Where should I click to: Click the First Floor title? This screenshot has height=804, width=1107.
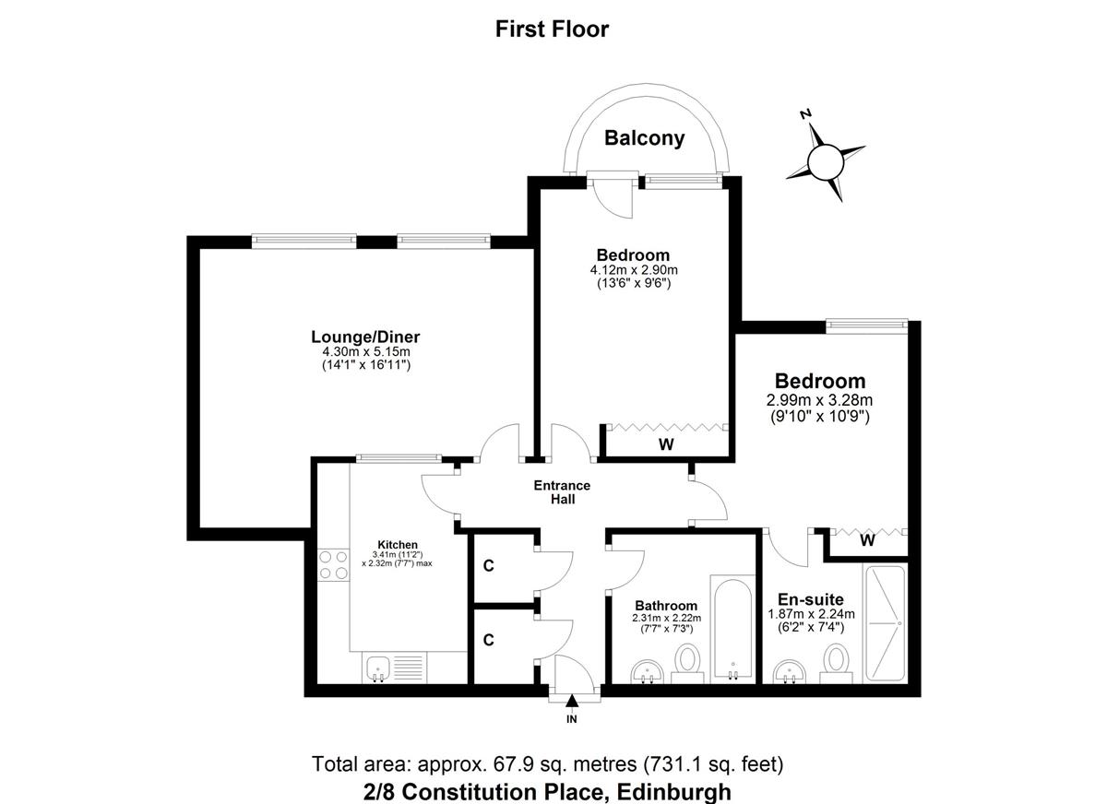coord(552,30)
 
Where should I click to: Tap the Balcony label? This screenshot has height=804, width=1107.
coord(645,137)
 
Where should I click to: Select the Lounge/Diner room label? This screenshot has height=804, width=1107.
coord(365,337)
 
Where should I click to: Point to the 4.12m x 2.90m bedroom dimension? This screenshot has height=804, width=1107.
coord(634,270)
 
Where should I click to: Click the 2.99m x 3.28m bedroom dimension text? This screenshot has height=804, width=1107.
coord(819,399)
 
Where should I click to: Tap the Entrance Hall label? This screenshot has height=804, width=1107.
coord(563,491)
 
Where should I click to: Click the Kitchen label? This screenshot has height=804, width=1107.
coord(398,545)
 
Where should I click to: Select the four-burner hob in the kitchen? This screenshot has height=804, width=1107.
coord(333,565)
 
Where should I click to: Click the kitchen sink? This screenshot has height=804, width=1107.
coord(379,669)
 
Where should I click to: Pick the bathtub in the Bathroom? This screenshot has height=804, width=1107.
coord(732,629)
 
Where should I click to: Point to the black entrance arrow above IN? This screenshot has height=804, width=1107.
coord(572,701)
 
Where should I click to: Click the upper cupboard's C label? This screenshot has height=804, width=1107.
coord(488,565)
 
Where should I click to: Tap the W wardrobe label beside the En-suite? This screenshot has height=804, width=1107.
coord(867,541)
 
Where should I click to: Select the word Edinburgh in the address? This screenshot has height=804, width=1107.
coord(674,792)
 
